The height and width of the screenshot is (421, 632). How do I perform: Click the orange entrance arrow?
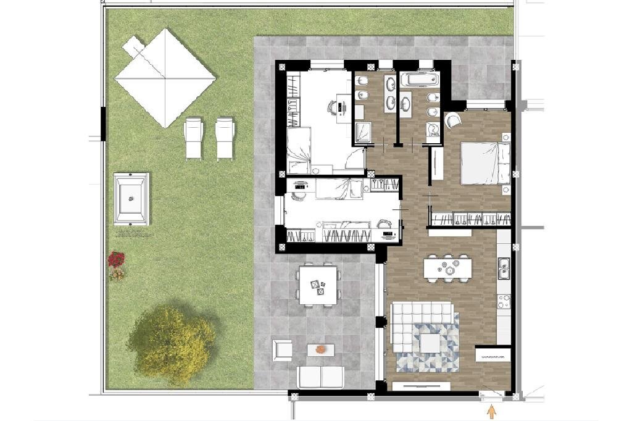coord(492,411)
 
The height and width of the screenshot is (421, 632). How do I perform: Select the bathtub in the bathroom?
coord(419,80)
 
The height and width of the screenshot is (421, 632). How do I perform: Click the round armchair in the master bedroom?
coord(451,120)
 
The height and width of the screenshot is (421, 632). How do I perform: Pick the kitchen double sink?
coord(504,267)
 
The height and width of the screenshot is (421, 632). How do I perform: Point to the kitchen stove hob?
coord(504,302)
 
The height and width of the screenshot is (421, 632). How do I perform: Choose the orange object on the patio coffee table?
coord(320,349)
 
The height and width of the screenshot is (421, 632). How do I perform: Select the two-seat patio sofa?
coord(320,376)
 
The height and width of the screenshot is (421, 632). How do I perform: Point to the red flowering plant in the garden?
coord(116,259)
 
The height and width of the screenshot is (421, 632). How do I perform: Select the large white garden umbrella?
coord(165,78)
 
